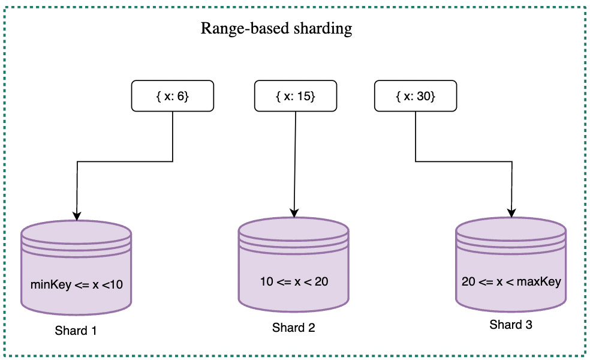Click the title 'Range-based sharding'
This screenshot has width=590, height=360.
(276, 29)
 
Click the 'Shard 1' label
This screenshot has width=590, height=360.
(76, 331)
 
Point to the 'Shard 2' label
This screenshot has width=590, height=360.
(293, 328)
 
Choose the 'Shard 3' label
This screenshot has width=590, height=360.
(511, 325)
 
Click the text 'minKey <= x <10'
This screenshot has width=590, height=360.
(76, 285)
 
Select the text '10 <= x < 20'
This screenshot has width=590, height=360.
(294, 282)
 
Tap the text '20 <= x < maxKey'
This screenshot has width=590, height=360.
(511, 281)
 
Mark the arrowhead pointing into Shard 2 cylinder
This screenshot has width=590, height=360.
(294, 212)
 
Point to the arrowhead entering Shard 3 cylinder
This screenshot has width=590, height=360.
(511, 212)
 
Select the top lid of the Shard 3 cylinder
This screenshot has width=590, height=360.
(511, 227)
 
